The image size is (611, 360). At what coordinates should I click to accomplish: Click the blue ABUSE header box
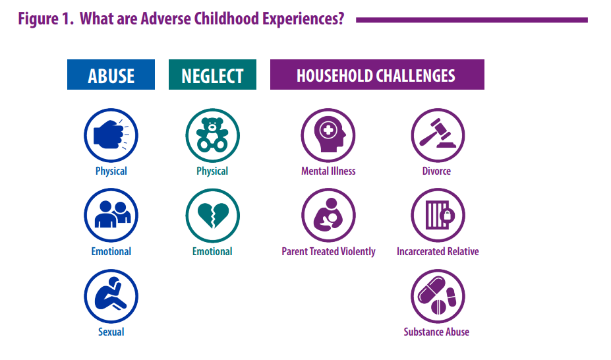pyautogui.click(x=111, y=75)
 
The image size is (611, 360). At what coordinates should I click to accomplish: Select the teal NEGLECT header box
pyautogui.click(x=212, y=75)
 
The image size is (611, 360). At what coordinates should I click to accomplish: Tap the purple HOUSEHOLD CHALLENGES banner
pyautogui.click(x=377, y=75)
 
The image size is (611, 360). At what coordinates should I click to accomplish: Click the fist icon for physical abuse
pyautogui.click(x=111, y=135)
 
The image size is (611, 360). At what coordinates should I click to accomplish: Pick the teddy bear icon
pyautogui.click(x=212, y=135)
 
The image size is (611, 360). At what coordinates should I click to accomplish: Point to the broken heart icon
pyautogui.click(x=212, y=216)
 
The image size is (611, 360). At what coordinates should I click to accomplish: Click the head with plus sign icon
pyautogui.click(x=328, y=135)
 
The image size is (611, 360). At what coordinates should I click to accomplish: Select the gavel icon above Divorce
pyautogui.click(x=438, y=135)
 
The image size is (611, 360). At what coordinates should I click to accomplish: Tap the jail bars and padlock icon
pyautogui.click(x=438, y=216)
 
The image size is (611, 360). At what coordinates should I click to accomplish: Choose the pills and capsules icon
pyautogui.click(x=438, y=296)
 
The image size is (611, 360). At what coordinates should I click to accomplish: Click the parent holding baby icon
pyautogui.click(x=328, y=216)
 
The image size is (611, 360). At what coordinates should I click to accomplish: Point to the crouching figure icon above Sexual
pyautogui.click(x=111, y=296)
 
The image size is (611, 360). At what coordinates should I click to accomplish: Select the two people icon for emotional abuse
pyautogui.click(x=111, y=216)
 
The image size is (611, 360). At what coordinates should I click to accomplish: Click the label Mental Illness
pyautogui.click(x=328, y=171)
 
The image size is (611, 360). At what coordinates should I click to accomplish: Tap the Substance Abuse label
pyautogui.click(x=436, y=332)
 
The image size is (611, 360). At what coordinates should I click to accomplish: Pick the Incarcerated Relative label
pyautogui.click(x=438, y=252)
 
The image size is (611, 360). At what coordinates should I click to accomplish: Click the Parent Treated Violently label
pyautogui.click(x=328, y=252)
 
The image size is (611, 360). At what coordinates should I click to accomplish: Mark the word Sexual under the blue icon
pyautogui.click(x=111, y=332)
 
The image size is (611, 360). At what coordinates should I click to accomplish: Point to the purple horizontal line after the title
pyautogui.click(x=472, y=20)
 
